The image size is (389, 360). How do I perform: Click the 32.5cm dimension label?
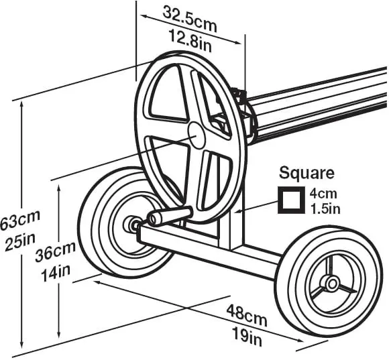click(190, 19)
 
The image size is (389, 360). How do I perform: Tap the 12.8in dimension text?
click(190, 40)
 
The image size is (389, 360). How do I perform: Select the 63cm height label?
click(20, 219)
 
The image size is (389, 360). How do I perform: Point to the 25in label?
click(20, 241)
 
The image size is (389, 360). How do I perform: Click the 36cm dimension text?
click(55, 251)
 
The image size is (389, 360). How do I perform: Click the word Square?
click(307, 174)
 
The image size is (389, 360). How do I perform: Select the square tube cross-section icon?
click(291, 200)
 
